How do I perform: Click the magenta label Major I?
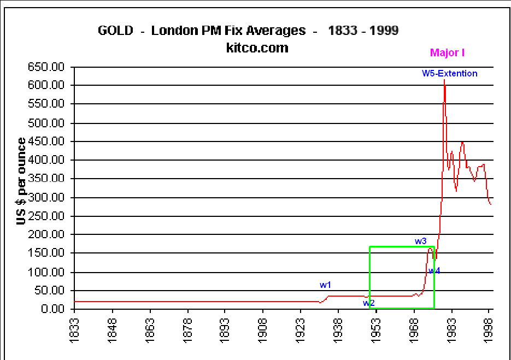(x=447, y=53)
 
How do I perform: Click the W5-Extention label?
(x=449, y=73)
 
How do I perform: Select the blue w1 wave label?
(x=326, y=285)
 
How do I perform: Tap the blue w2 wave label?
(x=369, y=303)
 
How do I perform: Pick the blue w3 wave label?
(x=420, y=241)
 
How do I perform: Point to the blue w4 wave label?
(x=434, y=270)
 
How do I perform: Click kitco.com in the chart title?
(x=257, y=48)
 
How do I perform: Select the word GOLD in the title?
(x=115, y=31)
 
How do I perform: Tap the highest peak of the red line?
(x=444, y=80)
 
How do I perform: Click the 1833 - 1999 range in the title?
(x=363, y=31)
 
